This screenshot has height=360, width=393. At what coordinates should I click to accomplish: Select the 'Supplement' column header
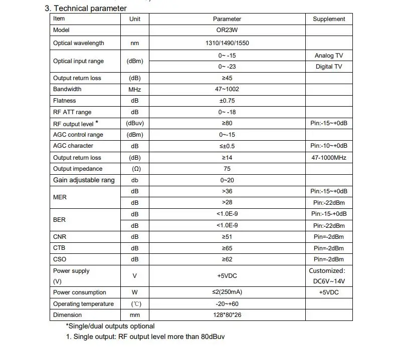pos(329,19)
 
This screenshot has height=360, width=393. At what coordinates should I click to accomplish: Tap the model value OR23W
pos(227,30)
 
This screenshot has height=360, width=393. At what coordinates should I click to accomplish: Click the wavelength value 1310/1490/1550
pos(227,43)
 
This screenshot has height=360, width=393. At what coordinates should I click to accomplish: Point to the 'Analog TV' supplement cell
pos(329,56)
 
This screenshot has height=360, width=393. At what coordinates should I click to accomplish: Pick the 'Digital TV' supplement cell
pos(329,67)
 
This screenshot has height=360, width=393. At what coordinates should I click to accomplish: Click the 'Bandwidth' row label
pos(67,89)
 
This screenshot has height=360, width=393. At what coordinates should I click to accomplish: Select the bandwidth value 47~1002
pos(227,89)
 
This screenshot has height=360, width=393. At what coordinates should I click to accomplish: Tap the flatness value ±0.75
pos(227,101)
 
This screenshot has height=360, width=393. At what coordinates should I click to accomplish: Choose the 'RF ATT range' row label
pos(72,112)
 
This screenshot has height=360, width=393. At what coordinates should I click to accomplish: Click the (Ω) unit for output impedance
pos(135,169)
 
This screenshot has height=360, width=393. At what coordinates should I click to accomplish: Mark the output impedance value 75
pos(227,169)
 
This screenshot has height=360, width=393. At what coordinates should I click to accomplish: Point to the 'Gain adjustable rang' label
pos(84,180)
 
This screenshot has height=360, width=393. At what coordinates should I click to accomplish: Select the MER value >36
pos(227,191)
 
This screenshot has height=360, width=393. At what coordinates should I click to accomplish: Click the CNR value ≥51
pos(227,237)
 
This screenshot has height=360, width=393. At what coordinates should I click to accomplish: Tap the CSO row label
pos(59,259)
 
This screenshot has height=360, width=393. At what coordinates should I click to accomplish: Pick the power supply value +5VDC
pos(227,276)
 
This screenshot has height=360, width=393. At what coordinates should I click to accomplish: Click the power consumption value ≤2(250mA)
pos(227,292)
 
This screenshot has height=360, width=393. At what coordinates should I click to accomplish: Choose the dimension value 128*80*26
pos(227,315)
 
